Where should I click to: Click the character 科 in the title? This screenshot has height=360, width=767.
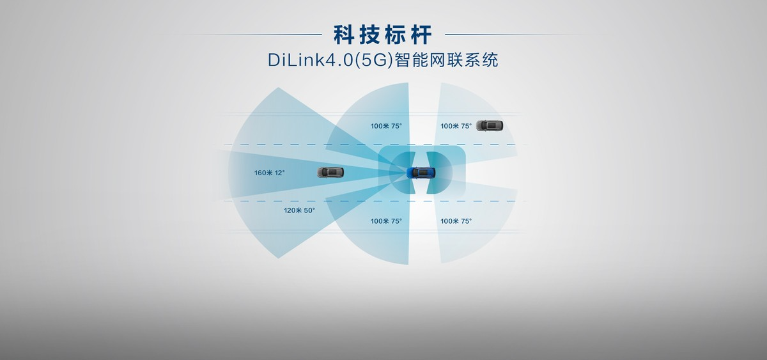click(344, 35)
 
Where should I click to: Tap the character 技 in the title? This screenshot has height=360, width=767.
click(370, 35)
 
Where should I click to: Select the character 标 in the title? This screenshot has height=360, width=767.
click(396, 35)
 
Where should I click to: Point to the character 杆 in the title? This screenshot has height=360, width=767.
click(421, 35)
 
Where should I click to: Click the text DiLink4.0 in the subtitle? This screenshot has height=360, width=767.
click(311, 60)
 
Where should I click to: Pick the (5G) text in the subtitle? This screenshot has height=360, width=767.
click(374, 60)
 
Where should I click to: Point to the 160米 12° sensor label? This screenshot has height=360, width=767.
click(270, 173)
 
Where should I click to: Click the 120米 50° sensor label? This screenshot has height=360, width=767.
click(299, 210)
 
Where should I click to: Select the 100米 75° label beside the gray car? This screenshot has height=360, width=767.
click(456, 126)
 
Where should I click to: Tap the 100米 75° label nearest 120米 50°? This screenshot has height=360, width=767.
click(386, 221)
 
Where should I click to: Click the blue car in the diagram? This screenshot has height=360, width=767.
click(421, 173)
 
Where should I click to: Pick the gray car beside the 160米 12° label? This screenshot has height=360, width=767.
click(330, 172)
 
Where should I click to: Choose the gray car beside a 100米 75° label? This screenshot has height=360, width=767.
click(490, 126)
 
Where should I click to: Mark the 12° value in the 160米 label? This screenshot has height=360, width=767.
click(279, 173)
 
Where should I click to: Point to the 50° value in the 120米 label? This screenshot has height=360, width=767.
click(309, 210)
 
